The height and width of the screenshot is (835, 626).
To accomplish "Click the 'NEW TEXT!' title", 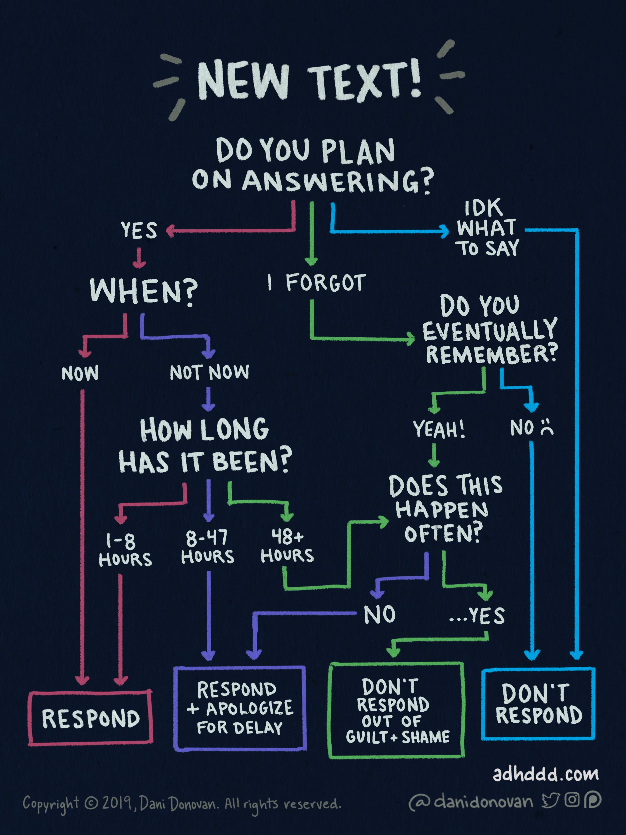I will click(x=309, y=80).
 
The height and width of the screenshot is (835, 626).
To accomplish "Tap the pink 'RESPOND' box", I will click(x=91, y=718).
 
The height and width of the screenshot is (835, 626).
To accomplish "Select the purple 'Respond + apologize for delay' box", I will click(x=240, y=708).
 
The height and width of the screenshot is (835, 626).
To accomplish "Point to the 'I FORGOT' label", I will click(x=316, y=282).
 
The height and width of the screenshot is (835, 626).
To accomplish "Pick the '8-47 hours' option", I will click(x=208, y=547).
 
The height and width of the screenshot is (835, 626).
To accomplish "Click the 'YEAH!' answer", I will click(x=439, y=429).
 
